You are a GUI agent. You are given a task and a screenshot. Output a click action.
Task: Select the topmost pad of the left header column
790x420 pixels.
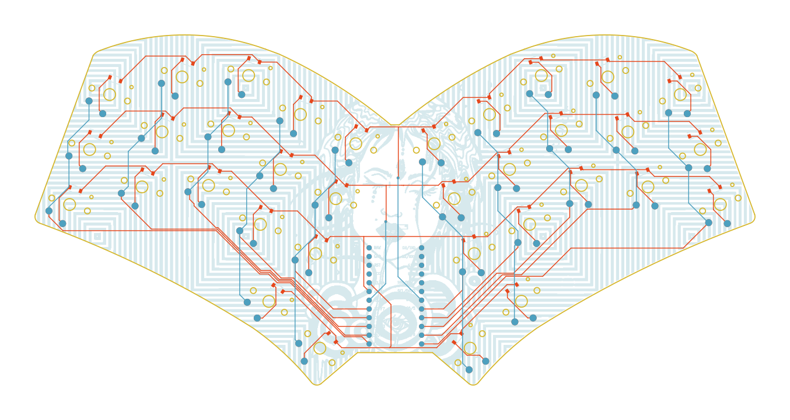point(369,247)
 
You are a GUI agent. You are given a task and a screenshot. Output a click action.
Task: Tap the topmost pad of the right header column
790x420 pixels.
point(422,247)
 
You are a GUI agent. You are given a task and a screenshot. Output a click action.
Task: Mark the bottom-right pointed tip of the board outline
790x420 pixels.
point(473,384)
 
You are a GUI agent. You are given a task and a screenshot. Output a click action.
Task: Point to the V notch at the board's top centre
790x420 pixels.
point(396,125)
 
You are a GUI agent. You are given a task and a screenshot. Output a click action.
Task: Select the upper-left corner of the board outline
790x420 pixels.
point(95,54)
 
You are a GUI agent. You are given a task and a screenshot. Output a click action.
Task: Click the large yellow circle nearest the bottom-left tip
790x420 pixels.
point(320,348)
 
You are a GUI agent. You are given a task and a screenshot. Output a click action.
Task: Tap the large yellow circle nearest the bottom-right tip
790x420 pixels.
point(470,348)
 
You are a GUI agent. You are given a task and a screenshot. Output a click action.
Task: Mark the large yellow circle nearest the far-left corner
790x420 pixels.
point(69,204)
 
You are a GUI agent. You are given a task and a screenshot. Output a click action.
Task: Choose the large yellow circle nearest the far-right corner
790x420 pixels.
point(720,204)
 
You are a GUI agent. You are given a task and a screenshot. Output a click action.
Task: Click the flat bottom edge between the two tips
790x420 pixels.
point(396,352)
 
